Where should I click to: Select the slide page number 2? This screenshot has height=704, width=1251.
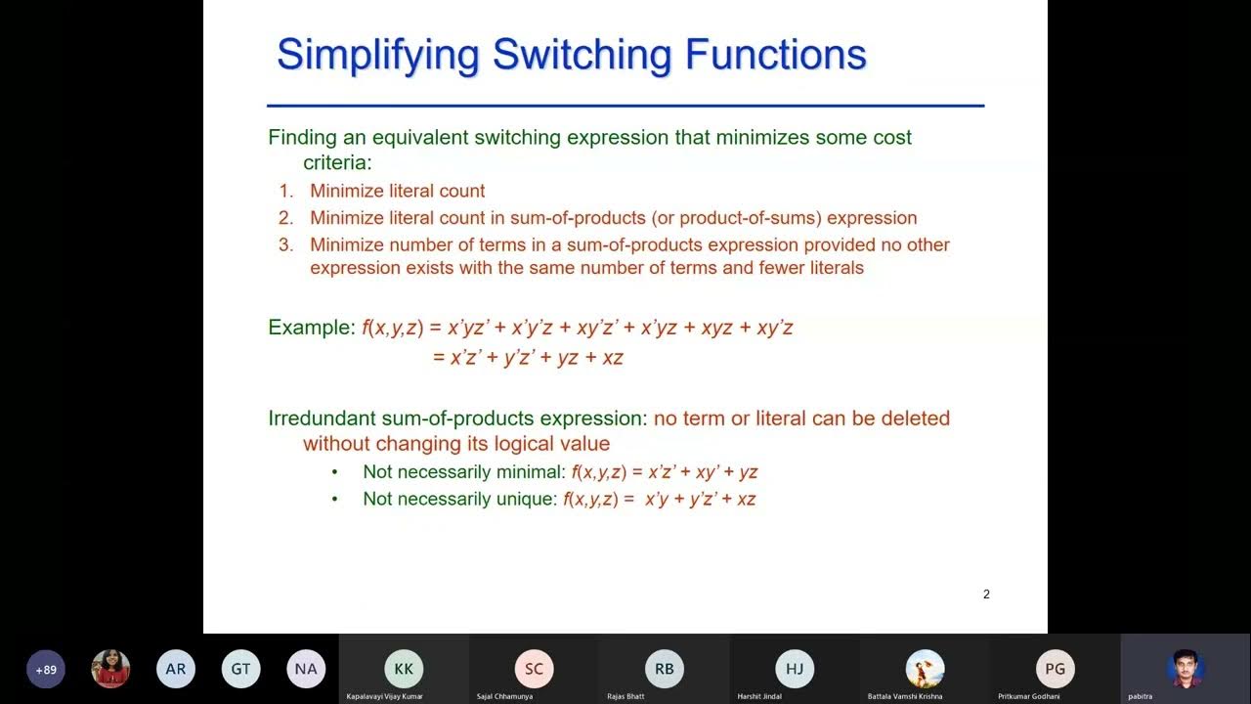986,594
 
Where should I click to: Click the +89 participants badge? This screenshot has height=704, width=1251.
46,670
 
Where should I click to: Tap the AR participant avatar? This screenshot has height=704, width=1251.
176,670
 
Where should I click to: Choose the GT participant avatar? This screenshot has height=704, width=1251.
240,670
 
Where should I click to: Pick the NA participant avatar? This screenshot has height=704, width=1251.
306,670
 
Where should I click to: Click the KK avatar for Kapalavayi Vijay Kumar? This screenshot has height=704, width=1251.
404,669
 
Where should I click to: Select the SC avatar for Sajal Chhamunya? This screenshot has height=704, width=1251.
534,669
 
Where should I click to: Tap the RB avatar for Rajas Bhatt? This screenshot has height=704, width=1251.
665,669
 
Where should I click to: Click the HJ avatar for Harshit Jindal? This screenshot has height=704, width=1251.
795,669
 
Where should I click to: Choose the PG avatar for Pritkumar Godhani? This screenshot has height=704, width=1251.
1056,669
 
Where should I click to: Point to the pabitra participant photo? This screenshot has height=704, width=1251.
1186,669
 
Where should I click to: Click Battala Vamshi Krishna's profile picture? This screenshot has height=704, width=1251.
925,669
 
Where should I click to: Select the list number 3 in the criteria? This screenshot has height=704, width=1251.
285,245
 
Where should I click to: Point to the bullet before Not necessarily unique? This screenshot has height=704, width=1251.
334,500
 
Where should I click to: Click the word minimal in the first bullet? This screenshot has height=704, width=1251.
532,472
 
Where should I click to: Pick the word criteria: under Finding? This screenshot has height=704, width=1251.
337,163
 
